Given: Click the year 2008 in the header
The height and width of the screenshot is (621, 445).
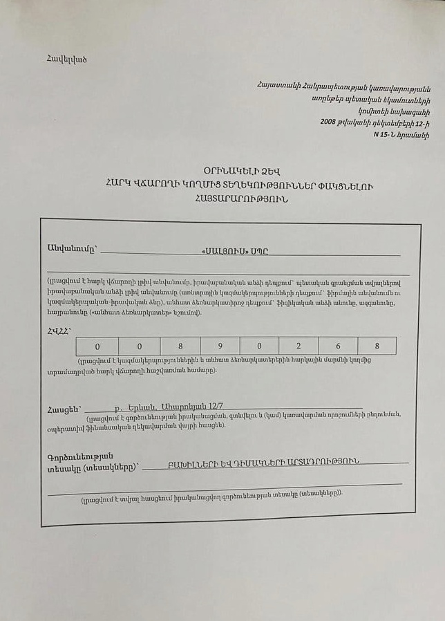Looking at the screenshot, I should click(x=328, y=122).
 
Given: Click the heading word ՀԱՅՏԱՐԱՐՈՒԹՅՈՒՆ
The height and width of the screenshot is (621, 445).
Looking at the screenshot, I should click(x=236, y=198).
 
